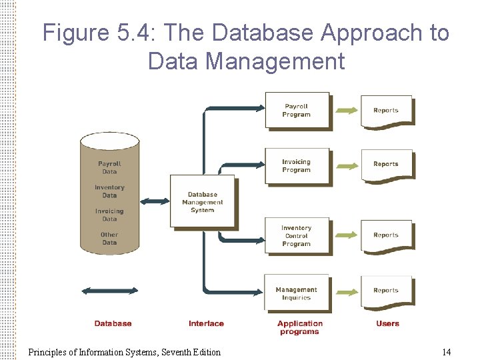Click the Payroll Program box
(x=297, y=110)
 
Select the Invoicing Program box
(x=297, y=165)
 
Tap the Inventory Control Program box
(x=297, y=235)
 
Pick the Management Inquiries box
(x=297, y=293)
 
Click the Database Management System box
(x=202, y=202)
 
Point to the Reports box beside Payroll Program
(x=386, y=111)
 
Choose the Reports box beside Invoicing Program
(x=386, y=164)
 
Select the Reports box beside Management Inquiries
(x=386, y=291)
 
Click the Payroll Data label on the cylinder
(x=109, y=167)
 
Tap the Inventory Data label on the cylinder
(x=109, y=191)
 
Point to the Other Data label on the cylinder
(x=109, y=239)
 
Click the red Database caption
(x=113, y=324)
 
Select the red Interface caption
(x=206, y=324)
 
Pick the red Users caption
(x=387, y=324)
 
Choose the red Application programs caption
(x=300, y=327)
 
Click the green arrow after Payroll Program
(x=345, y=110)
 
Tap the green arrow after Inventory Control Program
(x=345, y=235)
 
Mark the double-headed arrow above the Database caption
(x=109, y=291)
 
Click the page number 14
(x=447, y=352)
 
